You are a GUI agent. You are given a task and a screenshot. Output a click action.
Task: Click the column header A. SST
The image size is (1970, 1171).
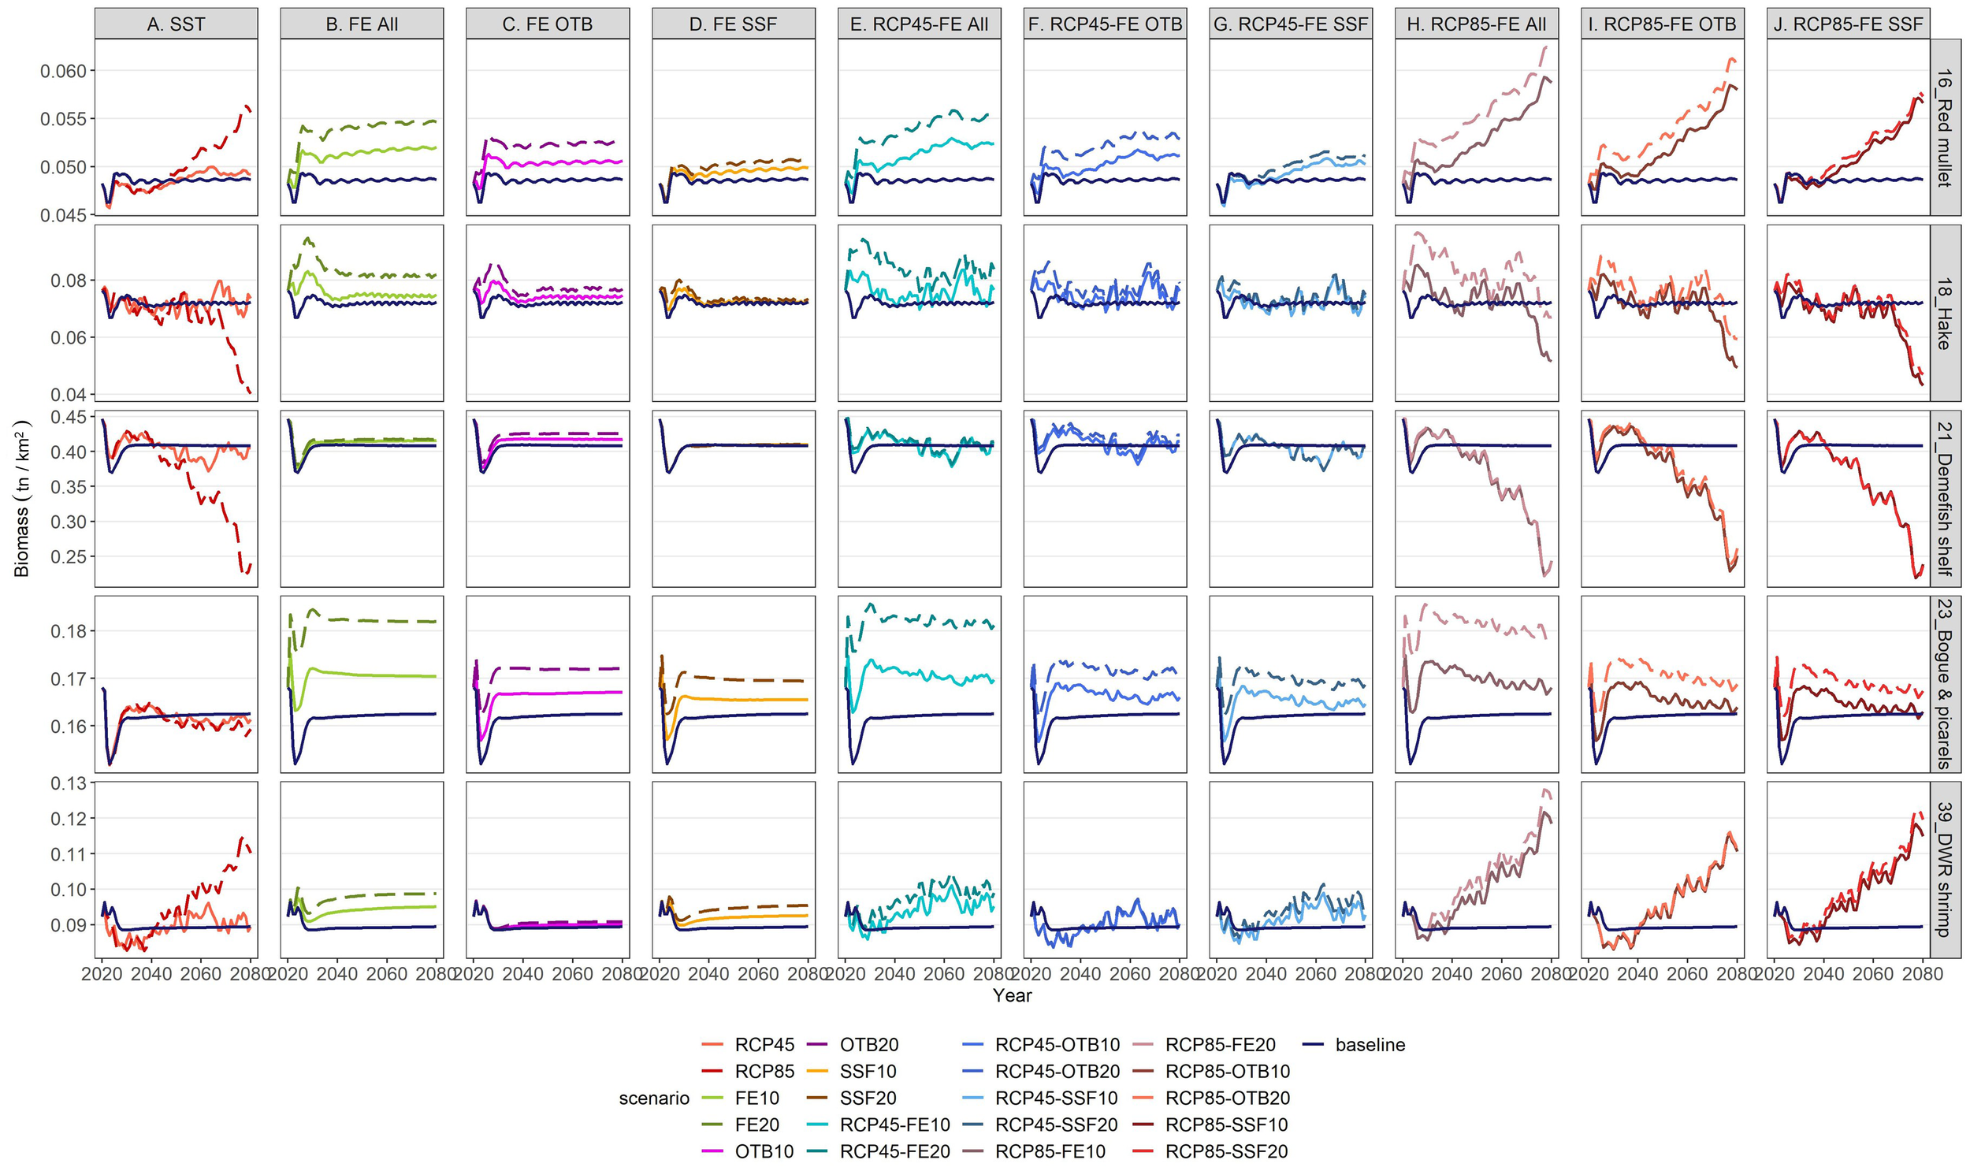tap(176, 24)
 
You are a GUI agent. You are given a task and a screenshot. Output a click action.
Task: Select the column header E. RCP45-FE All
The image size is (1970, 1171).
tap(919, 24)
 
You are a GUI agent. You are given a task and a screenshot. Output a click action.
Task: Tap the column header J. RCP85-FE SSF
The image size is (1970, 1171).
tap(1849, 24)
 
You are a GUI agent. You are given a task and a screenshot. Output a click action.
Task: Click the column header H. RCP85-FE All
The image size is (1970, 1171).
tap(1476, 24)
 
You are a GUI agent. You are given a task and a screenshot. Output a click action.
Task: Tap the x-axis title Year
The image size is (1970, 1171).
tap(1013, 996)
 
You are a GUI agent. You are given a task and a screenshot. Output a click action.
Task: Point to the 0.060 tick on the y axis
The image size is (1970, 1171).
tap(62, 71)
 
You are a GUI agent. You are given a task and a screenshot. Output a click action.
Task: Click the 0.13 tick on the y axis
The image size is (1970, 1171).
tap(69, 783)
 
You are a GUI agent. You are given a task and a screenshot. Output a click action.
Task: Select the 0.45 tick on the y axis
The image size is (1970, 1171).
tap(69, 418)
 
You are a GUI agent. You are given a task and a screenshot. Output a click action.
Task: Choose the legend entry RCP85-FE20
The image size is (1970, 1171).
tap(1220, 1045)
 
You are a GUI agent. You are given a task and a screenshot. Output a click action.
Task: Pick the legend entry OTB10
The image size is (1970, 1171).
tap(764, 1151)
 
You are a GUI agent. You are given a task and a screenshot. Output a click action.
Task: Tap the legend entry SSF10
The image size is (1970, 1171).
tap(868, 1072)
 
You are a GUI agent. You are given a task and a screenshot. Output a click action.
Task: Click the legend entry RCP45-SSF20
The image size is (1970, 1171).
tap(1057, 1125)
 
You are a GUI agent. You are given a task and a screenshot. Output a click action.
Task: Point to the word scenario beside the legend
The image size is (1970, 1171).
tap(654, 1099)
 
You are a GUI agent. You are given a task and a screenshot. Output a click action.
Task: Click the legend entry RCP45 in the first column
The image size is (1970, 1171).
tap(764, 1045)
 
